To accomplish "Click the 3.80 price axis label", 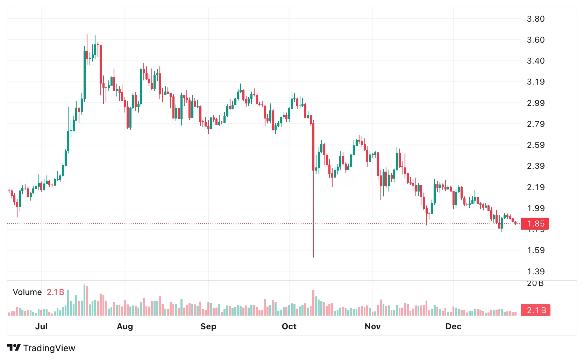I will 535,19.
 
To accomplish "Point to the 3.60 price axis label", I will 535,40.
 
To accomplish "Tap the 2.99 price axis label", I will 535,103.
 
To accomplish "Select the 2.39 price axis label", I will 535,166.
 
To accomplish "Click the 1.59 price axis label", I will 535,250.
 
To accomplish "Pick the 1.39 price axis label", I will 535,272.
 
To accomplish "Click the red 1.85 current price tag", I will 535,224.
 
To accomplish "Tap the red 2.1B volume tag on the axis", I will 536,310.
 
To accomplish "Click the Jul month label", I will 41,326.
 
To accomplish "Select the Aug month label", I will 125,326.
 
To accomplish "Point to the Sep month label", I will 208,326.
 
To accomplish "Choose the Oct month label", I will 289,326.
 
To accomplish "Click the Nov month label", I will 372,326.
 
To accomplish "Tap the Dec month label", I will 453,326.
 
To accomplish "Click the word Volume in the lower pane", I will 27,292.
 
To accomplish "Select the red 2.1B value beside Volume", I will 56,292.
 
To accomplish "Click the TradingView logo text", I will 49,348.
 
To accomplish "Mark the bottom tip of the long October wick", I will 313,257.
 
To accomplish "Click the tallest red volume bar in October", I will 313,303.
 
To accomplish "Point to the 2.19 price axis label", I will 535,187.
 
